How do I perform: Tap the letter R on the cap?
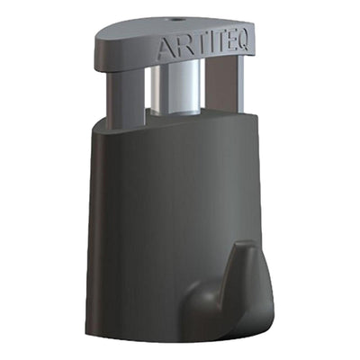(x=180, y=48)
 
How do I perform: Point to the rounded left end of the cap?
(x=101, y=49)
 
